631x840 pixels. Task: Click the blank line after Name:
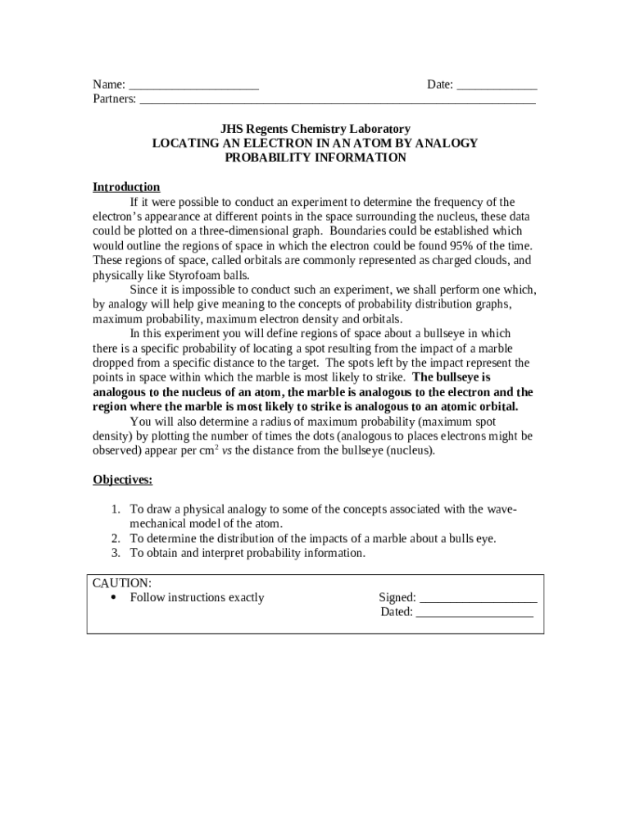click(194, 85)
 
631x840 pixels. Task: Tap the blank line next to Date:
click(497, 85)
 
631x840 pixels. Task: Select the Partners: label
click(115, 99)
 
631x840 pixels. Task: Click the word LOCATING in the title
click(184, 144)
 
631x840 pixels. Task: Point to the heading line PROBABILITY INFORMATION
click(315, 157)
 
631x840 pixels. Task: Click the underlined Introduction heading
click(126, 187)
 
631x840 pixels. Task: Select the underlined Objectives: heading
click(122, 480)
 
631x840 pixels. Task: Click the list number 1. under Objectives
click(116, 509)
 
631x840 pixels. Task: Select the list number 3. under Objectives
click(116, 553)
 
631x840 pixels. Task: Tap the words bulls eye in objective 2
click(470, 539)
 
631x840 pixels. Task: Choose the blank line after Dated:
click(475, 612)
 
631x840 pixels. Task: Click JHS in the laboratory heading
click(232, 130)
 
